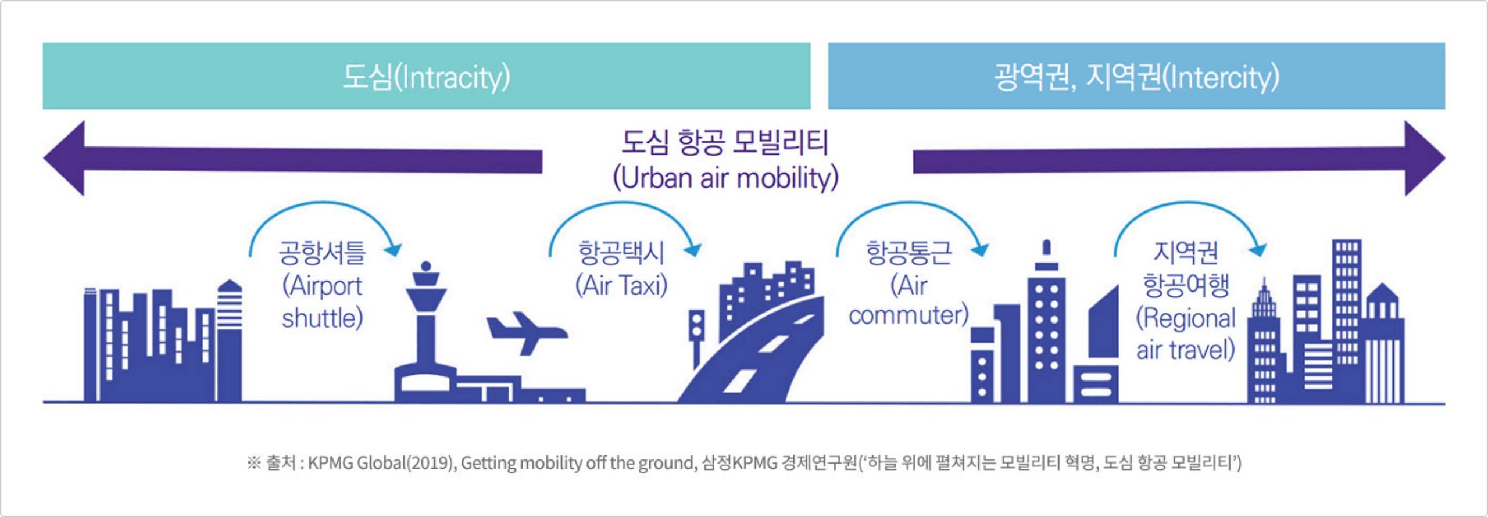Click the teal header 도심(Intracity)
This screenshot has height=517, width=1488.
pyautogui.click(x=426, y=76)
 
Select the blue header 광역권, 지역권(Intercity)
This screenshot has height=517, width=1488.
pyautogui.click(x=1136, y=76)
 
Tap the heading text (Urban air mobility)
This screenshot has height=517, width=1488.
pyautogui.click(x=725, y=178)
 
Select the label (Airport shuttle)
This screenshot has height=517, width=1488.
pyautogui.click(x=323, y=302)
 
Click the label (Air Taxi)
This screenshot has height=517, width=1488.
pyautogui.click(x=621, y=286)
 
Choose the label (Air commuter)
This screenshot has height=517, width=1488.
pyautogui.click(x=908, y=300)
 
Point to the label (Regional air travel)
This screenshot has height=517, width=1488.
pyautogui.click(x=1186, y=334)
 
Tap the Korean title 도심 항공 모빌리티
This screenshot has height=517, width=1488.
pyautogui.click(x=725, y=142)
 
